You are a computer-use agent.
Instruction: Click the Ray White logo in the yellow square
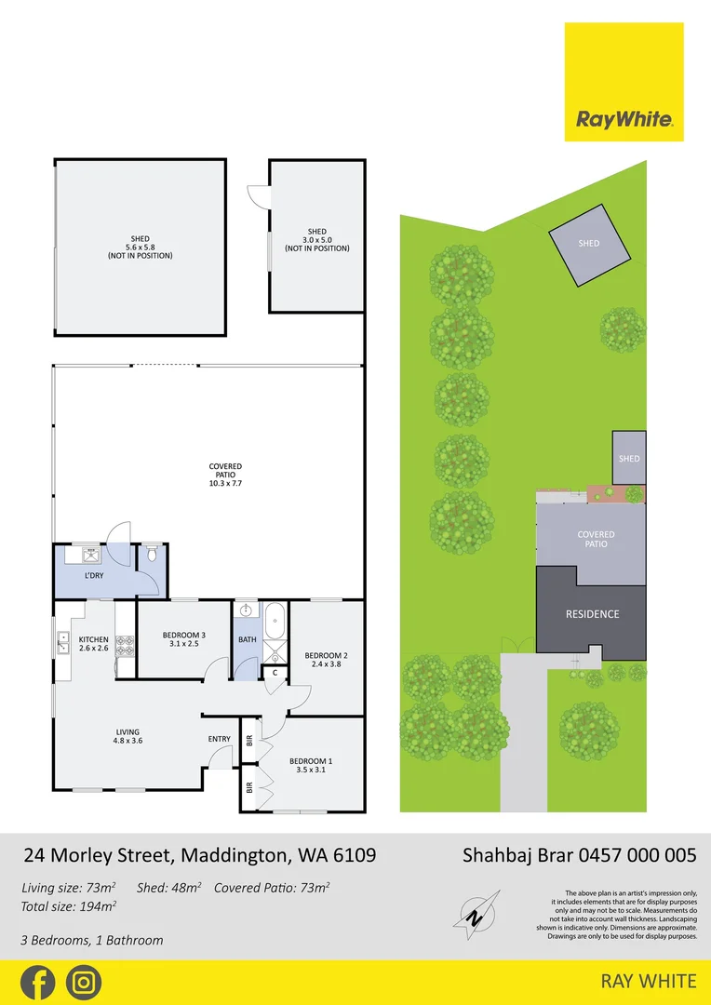click(x=624, y=119)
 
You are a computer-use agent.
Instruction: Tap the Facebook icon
click(x=37, y=983)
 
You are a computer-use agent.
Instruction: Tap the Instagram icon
click(x=84, y=983)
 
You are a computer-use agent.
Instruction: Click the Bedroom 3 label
click(x=183, y=639)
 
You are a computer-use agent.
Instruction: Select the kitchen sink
click(x=63, y=641)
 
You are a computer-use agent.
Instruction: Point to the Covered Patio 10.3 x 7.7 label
click(x=225, y=475)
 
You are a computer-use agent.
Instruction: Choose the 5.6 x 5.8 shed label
click(x=140, y=248)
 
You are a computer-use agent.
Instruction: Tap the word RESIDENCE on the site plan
click(x=593, y=614)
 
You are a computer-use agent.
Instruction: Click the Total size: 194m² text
click(x=69, y=906)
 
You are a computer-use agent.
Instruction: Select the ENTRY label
click(x=220, y=740)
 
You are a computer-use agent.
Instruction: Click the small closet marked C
click(x=274, y=673)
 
